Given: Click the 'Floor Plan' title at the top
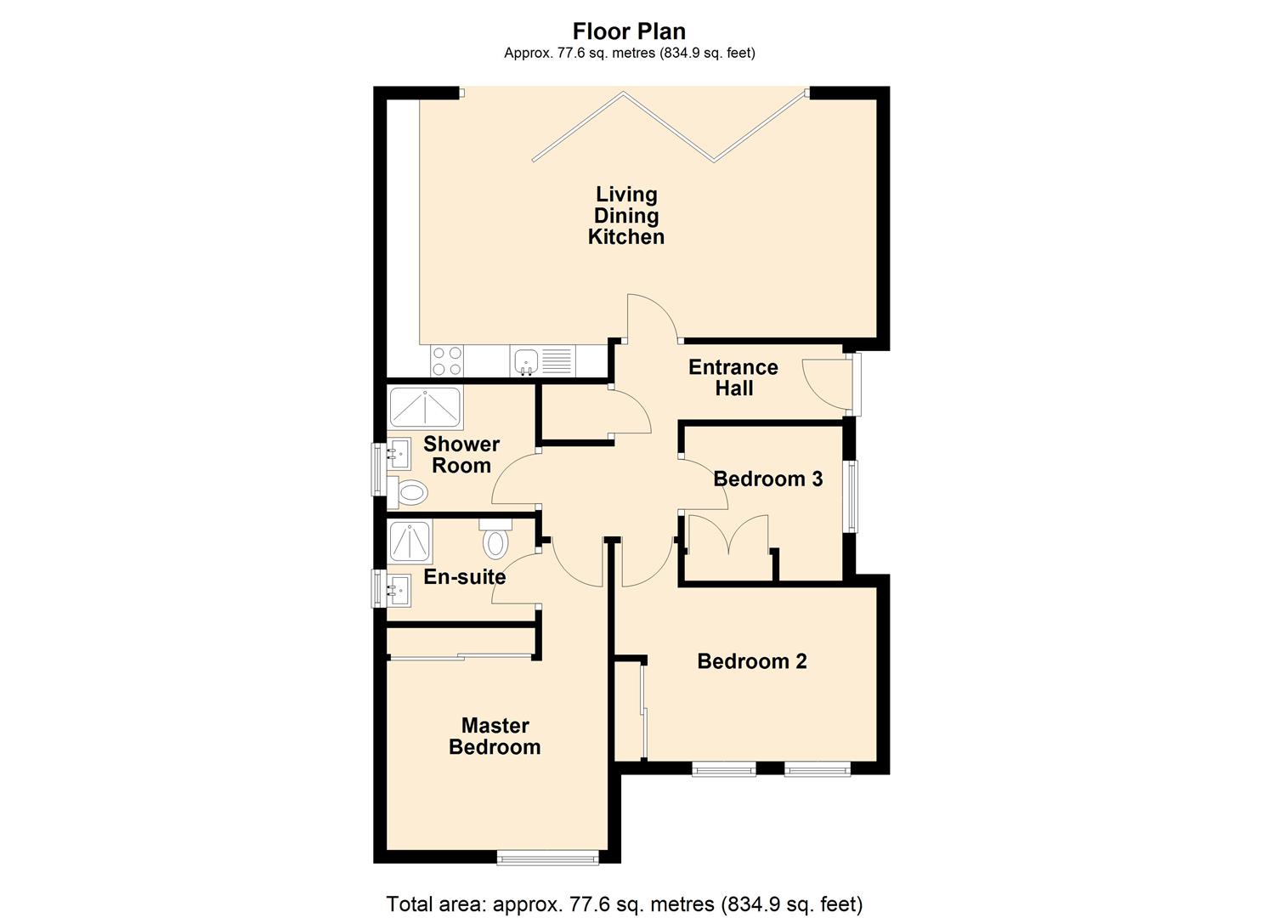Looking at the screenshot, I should pos(629,31).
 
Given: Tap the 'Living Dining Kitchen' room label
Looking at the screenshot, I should pos(626,216).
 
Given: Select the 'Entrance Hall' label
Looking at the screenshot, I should pos(733,377).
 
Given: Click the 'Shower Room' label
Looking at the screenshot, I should pos(461,455).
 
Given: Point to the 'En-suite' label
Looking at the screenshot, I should pos(464,577).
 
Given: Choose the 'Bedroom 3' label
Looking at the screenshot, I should pos(767,479).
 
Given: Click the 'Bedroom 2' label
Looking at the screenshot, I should pos(751,661).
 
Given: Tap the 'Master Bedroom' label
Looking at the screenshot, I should pos(495,736).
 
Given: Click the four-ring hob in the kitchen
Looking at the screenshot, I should pos(446,361).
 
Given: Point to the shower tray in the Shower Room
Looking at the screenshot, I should pos(425,409).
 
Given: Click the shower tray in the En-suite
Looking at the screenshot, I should pos(410,541).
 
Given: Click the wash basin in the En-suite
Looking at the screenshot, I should pos(397,588).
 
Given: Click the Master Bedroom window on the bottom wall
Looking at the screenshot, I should pos(547,858).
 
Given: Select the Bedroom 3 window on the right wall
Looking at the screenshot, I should pos(851,496).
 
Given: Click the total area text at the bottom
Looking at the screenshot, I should pos(625,904).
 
